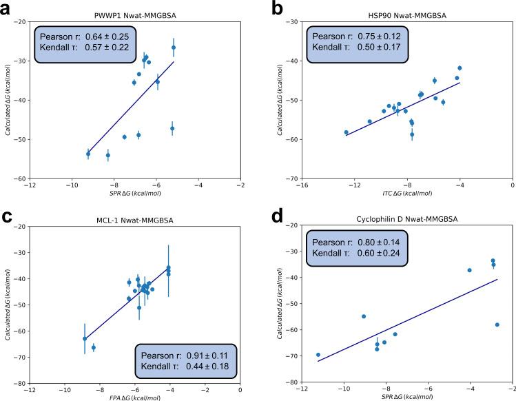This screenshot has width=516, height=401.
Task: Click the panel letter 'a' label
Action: [6, 8]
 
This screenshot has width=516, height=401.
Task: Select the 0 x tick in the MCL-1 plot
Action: [240, 391]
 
